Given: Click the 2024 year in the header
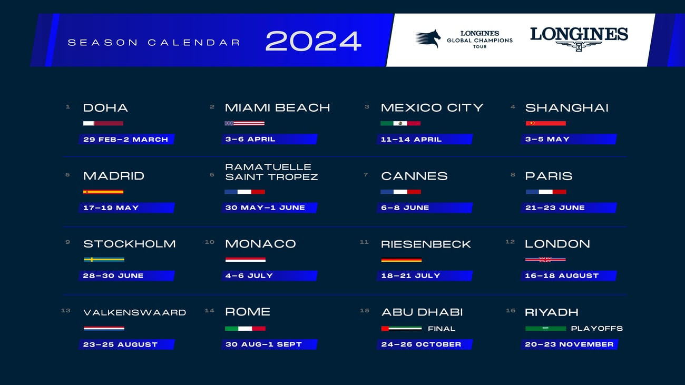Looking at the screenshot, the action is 314,41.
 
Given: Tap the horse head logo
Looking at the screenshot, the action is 428,39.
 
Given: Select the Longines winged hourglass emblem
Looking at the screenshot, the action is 579,46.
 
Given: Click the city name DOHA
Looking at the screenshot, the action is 105,108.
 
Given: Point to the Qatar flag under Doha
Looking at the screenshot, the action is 103,123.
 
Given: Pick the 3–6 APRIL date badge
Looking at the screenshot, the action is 269,139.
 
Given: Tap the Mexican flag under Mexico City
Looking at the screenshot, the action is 400,123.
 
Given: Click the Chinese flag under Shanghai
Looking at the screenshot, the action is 546,123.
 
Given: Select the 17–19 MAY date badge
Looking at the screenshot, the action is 126,208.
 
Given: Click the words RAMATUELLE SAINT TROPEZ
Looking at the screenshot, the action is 271,172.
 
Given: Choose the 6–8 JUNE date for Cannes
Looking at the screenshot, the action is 405,208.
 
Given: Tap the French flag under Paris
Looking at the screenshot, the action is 546,192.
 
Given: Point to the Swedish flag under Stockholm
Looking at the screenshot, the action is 104,260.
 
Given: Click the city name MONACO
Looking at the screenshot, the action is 260,244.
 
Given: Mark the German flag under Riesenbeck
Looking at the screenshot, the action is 402,260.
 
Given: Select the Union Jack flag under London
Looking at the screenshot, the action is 545,260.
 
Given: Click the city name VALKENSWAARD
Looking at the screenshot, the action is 135,313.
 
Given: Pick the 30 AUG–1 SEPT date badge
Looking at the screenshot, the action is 269,344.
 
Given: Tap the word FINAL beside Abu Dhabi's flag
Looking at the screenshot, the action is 442,329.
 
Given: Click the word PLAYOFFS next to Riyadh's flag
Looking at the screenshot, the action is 597,329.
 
